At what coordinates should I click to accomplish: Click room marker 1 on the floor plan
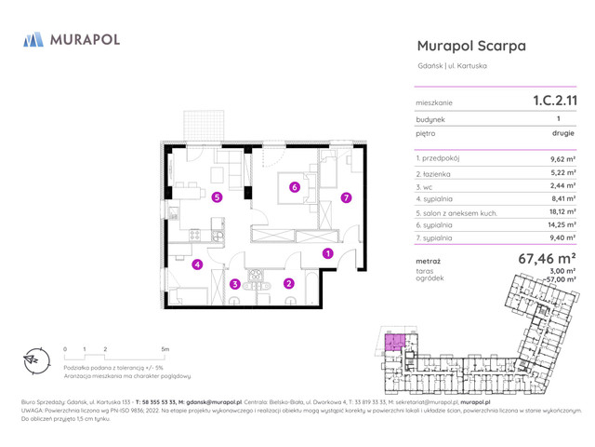pos(327,253)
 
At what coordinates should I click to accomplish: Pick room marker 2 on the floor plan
pos(288,283)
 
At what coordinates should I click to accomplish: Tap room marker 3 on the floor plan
pos(235,283)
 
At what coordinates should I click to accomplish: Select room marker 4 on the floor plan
pos(197,264)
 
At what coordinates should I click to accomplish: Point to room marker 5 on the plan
pos(217,197)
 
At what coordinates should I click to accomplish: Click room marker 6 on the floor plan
pos(295,187)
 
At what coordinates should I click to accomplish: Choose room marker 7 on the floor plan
pos(346,197)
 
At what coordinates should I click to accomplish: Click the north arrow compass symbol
pos(33,359)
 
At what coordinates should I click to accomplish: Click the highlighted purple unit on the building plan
pos(397,343)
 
